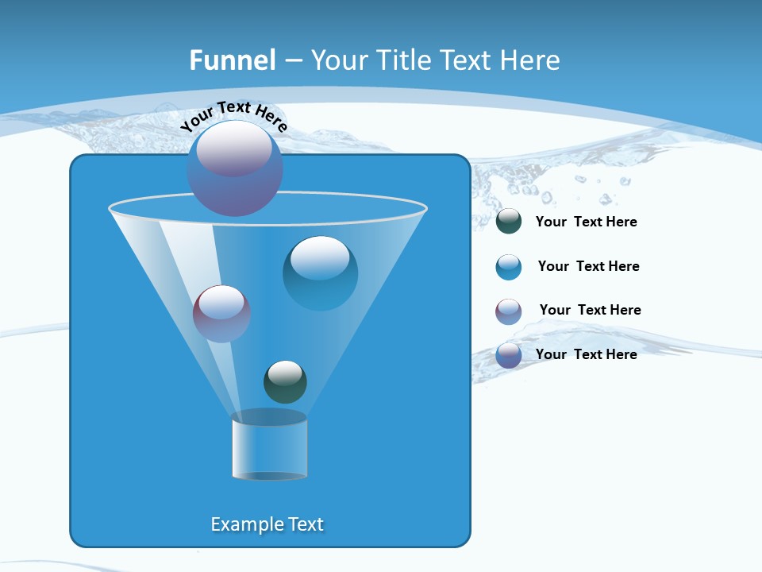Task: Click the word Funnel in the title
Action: point(233,60)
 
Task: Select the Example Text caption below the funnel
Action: point(267,524)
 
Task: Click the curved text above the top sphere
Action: point(233,115)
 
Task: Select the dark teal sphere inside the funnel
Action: point(285,382)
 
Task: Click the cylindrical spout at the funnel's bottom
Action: point(269,446)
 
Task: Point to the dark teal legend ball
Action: point(509,222)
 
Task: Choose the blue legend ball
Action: point(509,267)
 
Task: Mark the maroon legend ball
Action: point(509,311)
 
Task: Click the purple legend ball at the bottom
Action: point(509,355)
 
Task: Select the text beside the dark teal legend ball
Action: point(586,222)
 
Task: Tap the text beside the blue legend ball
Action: point(588,267)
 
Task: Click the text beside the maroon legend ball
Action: point(590,311)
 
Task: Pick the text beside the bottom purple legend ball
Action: point(586,354)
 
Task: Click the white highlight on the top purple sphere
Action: point(233,149)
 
